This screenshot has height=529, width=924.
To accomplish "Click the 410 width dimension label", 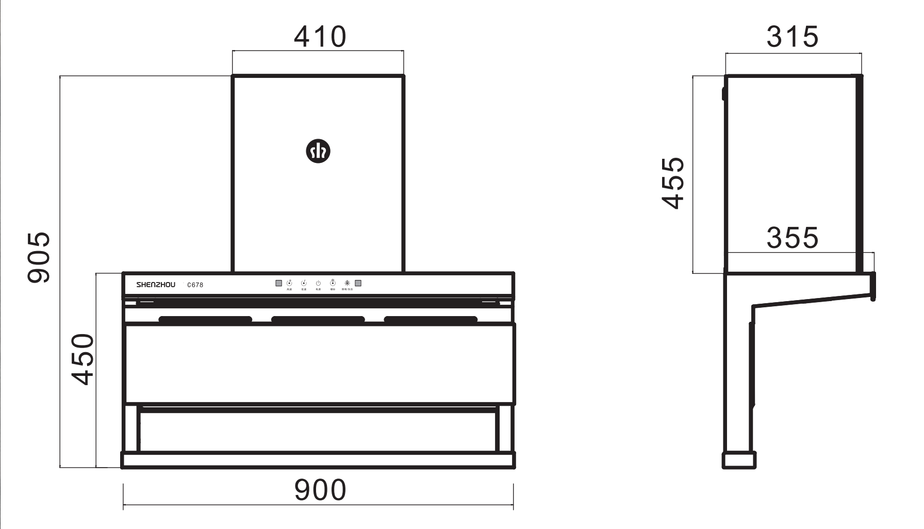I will tap(320, 37).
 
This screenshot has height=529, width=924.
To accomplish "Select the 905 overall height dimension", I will tap(39, 257).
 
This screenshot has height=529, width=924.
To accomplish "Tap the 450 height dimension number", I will tap(83, 359).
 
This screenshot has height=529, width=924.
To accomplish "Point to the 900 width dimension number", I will tap(320, 490).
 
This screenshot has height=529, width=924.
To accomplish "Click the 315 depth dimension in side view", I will tap(792, 37).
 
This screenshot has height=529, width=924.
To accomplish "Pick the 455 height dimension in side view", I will tap(673, 183).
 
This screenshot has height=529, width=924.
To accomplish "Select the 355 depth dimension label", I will tap(792, 238).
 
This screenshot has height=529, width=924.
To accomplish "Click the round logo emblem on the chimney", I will tap(318, 151).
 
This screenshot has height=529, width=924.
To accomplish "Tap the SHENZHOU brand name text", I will tap(156, 285).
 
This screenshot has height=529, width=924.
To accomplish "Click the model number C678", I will tap(195, 285).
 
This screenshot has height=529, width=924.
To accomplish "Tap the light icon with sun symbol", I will tap(347, 283).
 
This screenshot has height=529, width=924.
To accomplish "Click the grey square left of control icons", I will tap(279, 283).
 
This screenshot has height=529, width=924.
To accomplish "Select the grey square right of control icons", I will tap(358, 283).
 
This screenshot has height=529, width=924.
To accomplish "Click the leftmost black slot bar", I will tap(205, 320).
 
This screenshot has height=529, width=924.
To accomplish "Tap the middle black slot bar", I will tap(318, 320).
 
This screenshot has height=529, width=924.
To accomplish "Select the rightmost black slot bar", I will tap(431, 320).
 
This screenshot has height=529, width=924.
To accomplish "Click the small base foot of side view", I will tap(739, 460).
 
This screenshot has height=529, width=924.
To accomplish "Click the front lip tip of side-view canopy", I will tap(873, 296).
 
